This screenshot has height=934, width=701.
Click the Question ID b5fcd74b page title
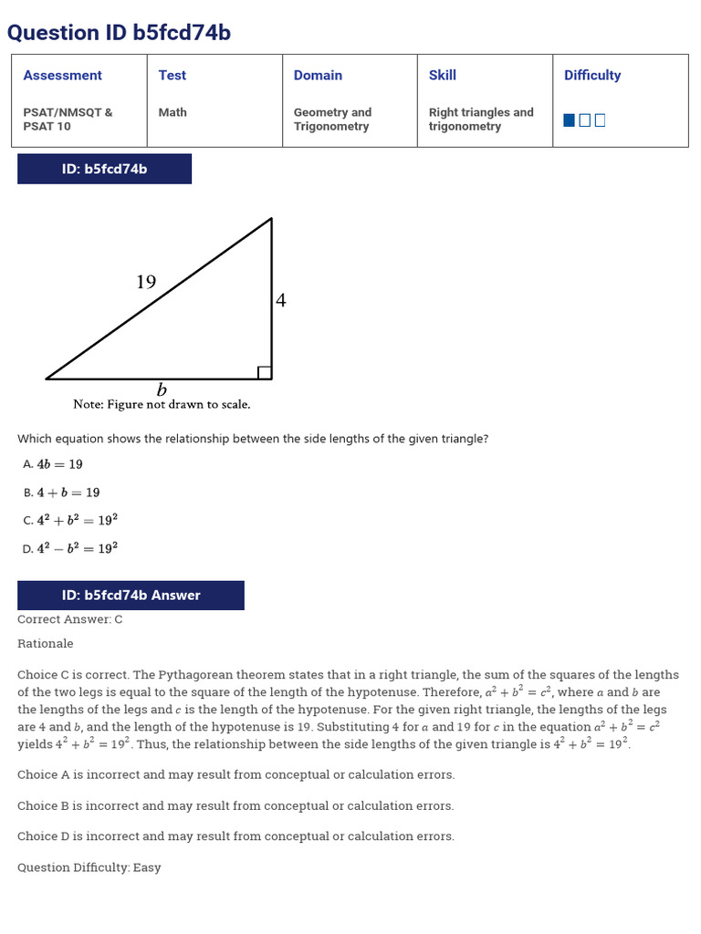click(119, 33)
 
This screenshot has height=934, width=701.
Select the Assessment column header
click(62, 76)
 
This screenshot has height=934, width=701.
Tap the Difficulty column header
click(592, 76)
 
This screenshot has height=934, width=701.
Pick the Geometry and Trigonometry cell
click(332, 119)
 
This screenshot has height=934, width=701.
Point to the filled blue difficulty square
click(570, 120)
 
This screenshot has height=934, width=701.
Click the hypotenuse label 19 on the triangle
click(146, 283)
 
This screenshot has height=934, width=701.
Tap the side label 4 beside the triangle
click(281, 300)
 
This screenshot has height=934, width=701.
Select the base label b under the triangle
click(162, 390)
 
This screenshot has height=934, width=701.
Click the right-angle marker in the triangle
click(265, 372)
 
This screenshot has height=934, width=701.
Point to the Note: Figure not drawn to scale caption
click(162, 404)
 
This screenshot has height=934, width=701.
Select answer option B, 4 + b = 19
click(62, 493)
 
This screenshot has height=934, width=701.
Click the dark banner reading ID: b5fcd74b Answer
click(131, 596)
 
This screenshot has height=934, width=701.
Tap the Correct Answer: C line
click(70, 619)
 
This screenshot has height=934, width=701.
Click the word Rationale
click(46, 644)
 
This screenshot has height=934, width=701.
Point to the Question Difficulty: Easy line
click(89, 867)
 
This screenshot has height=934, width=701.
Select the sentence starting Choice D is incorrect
click(235, 836)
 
